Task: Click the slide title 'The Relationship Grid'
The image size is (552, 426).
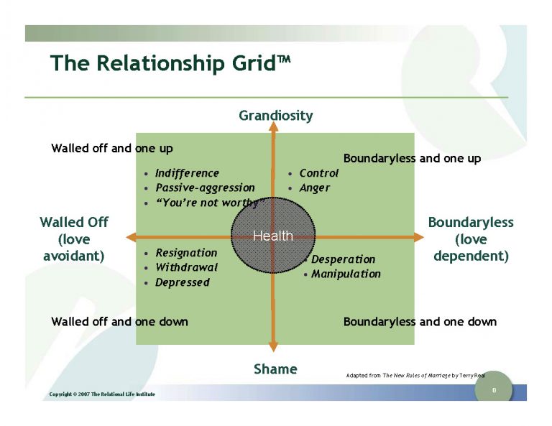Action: point(170,63)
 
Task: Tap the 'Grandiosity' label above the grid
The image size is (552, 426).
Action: point(275,115)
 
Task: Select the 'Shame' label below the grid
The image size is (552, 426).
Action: point(275,369)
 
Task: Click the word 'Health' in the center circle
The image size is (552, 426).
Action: point(273,236)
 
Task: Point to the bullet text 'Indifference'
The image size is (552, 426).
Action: point(187,173)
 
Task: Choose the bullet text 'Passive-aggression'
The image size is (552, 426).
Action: point(205,187)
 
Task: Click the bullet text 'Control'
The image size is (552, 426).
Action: point(318,173)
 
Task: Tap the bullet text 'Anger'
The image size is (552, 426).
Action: point(314,187)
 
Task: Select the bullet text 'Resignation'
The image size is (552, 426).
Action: point(186,253)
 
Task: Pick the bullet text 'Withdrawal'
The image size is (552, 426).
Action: point(186,267)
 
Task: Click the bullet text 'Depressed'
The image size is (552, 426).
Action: point(182,282)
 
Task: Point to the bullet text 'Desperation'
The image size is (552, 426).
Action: point(343,259)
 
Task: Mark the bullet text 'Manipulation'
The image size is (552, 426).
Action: point(346,274)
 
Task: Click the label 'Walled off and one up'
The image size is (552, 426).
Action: point(112,149)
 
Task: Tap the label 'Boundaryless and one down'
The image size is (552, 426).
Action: point(420,322)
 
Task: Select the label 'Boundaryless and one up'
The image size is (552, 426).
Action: point(412,158)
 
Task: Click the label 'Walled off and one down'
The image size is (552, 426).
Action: point(119,322)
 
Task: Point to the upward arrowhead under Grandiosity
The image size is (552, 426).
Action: point(272,128)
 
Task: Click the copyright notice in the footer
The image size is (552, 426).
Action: point(101,394)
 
